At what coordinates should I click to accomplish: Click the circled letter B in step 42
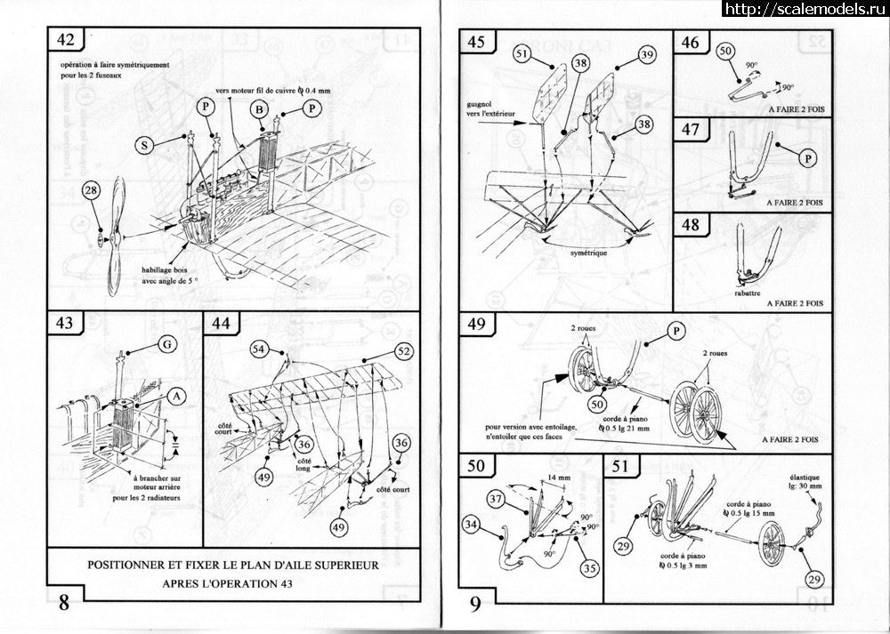click(259, 108)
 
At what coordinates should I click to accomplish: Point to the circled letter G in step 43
click(167, 344)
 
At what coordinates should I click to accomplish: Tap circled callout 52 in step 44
click(403, 352)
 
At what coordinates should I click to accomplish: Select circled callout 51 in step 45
click(522, 54)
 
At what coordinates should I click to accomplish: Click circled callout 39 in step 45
click(645, 55)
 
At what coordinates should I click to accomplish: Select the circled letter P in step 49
click(676, 332)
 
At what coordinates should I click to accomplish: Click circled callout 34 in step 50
click(473, 526)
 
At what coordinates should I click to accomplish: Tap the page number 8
click(63, 602)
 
